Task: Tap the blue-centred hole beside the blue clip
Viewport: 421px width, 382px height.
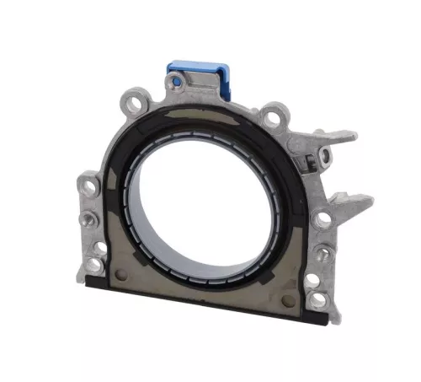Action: pos(175,81)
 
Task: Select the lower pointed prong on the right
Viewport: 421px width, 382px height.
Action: pos(358,200)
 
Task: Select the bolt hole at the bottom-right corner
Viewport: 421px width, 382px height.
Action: pos(317,298)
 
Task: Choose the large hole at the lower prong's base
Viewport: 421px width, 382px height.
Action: pos(322,221)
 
